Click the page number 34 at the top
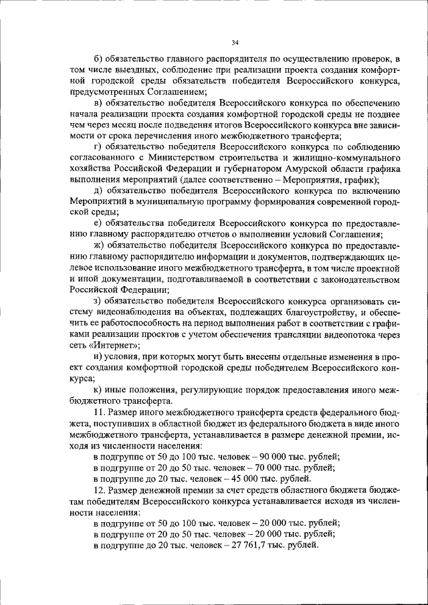click(x=235, y=43)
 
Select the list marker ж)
click(x=99, y=246)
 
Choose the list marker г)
click(x=98, y=145)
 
